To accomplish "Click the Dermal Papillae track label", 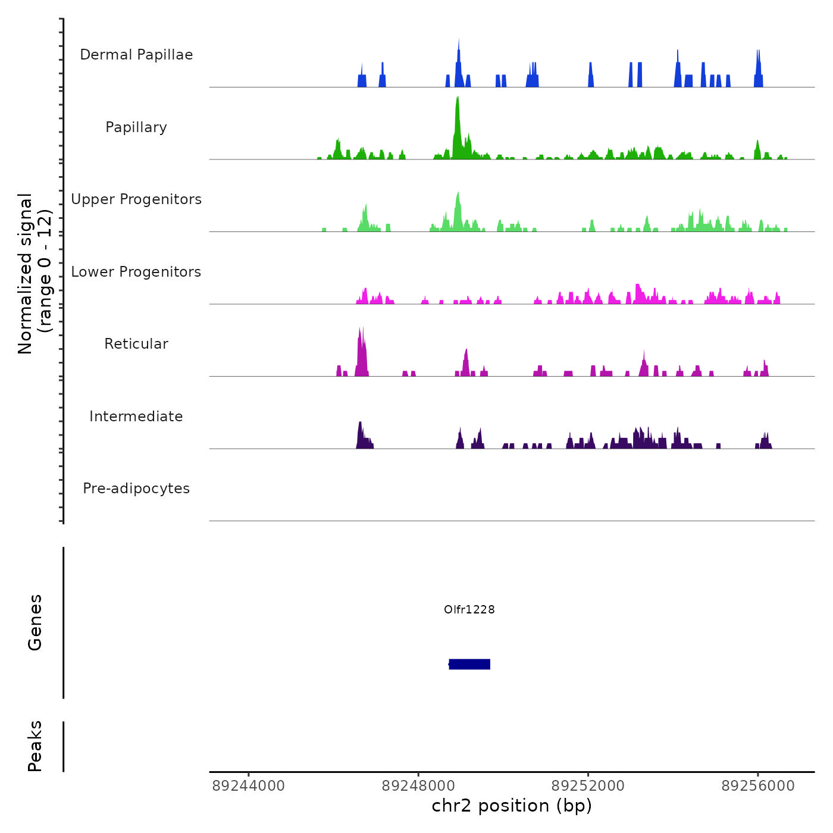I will click(x=136, y=55).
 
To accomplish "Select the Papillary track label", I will click(x=136, y=127).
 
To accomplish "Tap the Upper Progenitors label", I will click(x=136, y=199).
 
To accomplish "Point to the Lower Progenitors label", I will click(x=136, y=272).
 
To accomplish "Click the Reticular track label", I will click(x=136, y=344).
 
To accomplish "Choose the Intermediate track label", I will click(x=136, y=416).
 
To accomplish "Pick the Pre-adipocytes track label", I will click(x=136, y=488).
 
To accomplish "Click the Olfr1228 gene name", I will click(x=469, y=609).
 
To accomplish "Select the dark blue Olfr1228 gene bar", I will click(x=469, y=664).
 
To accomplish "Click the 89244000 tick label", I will click(x=249, y=786).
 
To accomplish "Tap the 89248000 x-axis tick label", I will click(x=418, y=786).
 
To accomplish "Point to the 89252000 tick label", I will click(x=588, y=786).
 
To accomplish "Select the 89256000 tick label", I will click(x=758, y=786).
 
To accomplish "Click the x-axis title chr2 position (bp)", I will click(x=512, y=806).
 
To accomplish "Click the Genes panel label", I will click(x=35, y=622).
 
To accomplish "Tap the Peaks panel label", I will click(x=35, y=746).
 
